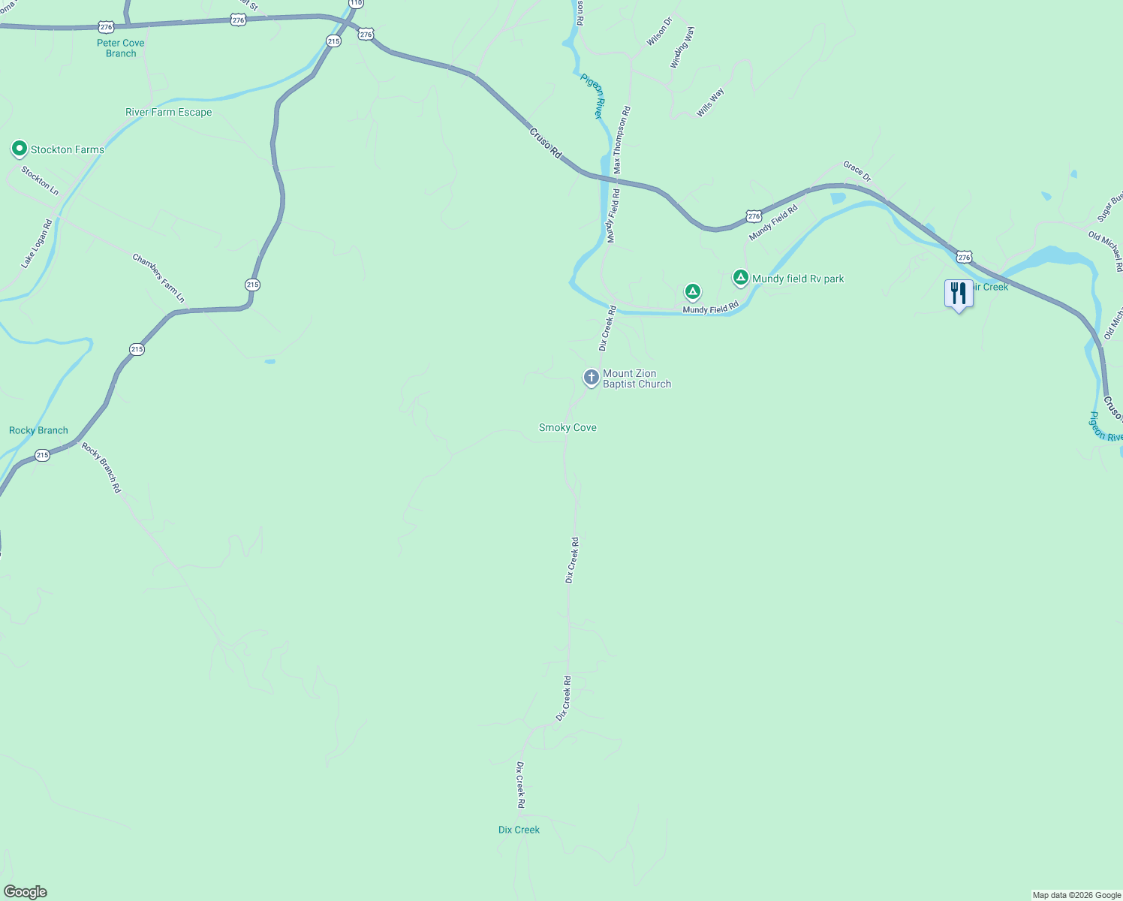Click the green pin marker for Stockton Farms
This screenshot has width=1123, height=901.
click(x=20, y=149)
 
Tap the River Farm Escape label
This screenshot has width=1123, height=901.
click(x=168, y=113)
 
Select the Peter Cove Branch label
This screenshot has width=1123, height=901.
click(x=120, y=48)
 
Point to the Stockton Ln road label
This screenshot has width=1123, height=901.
click(x=40, y=181)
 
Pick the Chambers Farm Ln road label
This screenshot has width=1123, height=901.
click(x=158, y=279)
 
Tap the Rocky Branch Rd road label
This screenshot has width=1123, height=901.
click(x=101, y=468)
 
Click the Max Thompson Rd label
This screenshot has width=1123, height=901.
click(x=622, y=140)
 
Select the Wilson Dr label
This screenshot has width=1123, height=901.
click(x=659, y=32)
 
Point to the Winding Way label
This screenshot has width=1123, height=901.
click(x=682, y=48)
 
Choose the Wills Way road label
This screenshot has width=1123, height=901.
click(x=710, y=103)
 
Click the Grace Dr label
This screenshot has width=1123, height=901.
click(x=857, y=171)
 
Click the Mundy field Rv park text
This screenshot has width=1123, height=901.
click(x=798, y=279)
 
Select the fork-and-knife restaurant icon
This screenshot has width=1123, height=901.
click(x=959, y=293)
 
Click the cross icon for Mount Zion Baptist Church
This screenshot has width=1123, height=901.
click(x=592, y=378)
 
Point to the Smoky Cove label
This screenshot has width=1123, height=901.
click(x=568, y=428)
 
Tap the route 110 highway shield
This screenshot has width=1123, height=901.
click(x=356, y=4)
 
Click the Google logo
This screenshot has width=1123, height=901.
click(x=26, y=892)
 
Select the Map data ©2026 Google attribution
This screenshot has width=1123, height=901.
click(x=1076, y=895)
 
